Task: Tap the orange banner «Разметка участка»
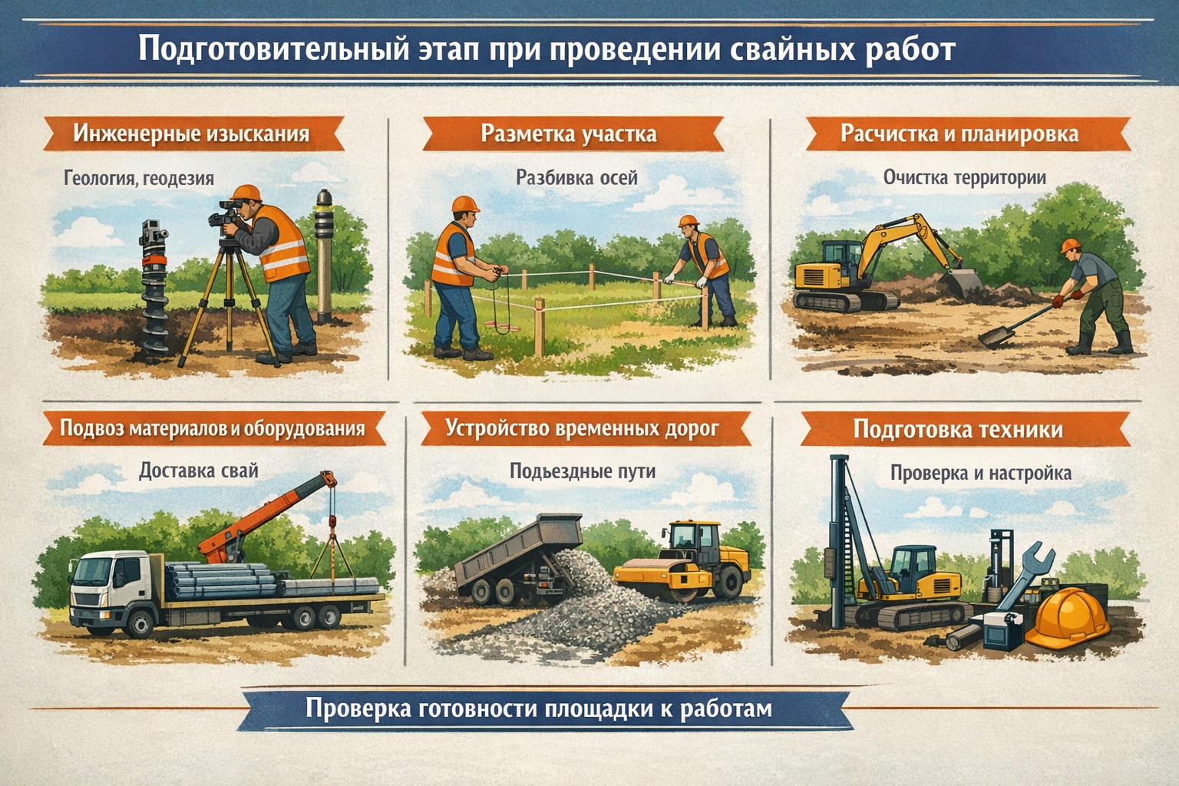point(573,134)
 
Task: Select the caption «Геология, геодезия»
point(139,179)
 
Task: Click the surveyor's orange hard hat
point(246,193)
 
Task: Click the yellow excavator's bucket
point(964,283)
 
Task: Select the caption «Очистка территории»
point(964,177)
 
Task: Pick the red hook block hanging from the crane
point(332,521)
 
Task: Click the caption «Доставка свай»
point(199,470)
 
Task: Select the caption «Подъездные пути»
point(583,471)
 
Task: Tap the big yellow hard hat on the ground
point(1066,619)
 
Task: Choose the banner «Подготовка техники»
point(958,430)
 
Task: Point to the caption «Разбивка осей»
point(576,178)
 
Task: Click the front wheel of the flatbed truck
point(140,623)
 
